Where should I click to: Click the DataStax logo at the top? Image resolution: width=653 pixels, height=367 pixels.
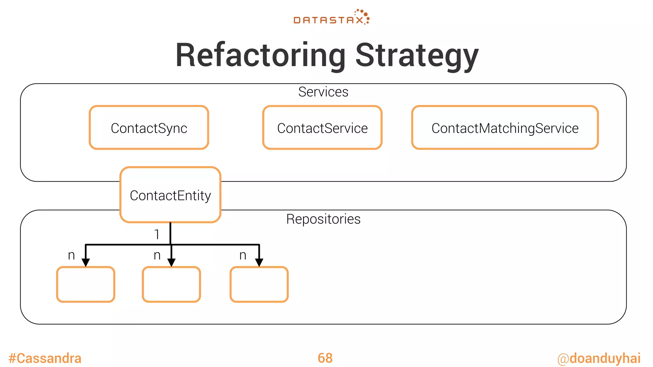tap(331, 18)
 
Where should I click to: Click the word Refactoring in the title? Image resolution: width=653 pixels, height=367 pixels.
tap(260, 55)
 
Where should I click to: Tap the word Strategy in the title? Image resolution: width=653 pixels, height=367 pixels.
tap(416, 55)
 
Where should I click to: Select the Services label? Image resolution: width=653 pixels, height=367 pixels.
tap(323, 92)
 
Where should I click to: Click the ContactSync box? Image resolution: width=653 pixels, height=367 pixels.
tap(149, 128)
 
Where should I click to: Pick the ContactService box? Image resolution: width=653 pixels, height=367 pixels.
tap(322, 128)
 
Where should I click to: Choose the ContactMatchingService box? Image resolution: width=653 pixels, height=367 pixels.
tap(505, 128)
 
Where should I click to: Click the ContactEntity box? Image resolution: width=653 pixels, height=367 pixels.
tap(170, 195)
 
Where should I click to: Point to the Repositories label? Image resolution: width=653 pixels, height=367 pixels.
tap(323, 219)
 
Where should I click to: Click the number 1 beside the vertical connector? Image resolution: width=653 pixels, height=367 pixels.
tap(157, 234)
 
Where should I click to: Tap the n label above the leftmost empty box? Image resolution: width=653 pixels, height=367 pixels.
tap(71, 255)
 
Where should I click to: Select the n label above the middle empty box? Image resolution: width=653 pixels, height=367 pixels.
tap(157, 255)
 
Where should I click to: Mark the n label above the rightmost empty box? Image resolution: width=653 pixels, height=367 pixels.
tap(243, 255)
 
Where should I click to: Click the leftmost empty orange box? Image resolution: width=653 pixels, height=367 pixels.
tap(85, 284)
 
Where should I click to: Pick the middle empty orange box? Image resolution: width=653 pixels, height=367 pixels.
tap(171, 284)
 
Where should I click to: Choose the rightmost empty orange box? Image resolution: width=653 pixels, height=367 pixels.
tap(259, 284)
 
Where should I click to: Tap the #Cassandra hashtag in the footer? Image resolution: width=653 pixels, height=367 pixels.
tap(45, 358)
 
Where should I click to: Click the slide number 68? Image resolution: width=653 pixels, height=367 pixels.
tap(325, 358)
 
